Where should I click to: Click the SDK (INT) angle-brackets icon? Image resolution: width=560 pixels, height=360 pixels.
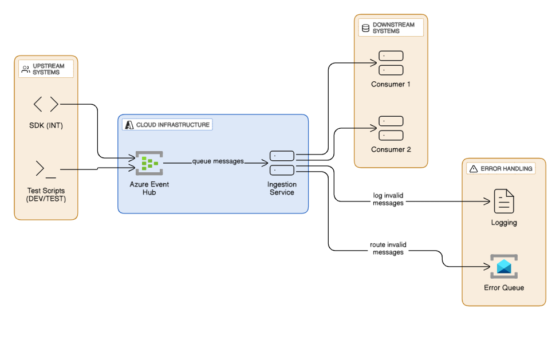pos(46,104)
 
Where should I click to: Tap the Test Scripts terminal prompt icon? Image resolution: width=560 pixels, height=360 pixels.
pos(46,169)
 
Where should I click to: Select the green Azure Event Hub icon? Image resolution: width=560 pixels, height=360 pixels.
pos(149,163)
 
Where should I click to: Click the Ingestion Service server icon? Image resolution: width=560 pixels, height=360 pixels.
pos(282,163)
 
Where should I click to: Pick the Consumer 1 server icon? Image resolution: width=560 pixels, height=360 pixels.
pos(391,63)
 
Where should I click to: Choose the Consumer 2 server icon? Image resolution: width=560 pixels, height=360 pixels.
pos(391,128)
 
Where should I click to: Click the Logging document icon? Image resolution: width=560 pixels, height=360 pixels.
pos(504,201)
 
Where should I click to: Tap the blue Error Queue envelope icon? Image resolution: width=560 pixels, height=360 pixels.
pos(504,267)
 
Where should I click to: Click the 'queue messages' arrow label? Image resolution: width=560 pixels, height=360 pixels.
pos(218,161)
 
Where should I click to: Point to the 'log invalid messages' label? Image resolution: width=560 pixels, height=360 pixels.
pos(388,199)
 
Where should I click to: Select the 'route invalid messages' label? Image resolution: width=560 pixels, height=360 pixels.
pos(388,248)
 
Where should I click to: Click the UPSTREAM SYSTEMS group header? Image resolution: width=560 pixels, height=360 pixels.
pos(46,69)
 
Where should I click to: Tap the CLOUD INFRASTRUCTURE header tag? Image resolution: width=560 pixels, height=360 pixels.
pos(167,125)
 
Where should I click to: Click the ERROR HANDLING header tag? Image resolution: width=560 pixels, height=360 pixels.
pos(501,168)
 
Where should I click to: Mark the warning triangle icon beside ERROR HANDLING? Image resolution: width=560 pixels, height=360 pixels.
pos(474,169)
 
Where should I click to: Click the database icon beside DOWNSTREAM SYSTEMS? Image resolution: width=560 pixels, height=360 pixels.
pos(365,28)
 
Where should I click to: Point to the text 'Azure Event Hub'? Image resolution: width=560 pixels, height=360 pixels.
pos(149,188)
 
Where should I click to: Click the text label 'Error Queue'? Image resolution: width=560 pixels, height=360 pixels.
pos(504,287)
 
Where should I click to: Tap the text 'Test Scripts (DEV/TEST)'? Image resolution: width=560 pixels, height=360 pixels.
pos(46,195)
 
